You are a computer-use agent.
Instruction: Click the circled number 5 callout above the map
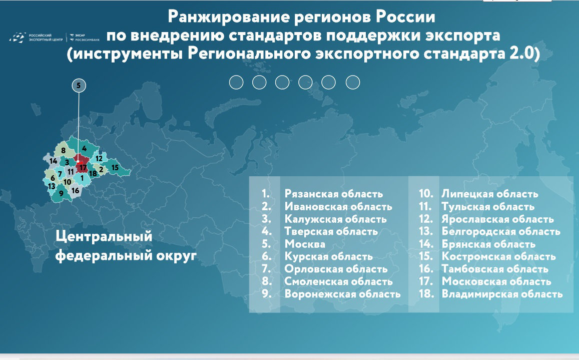tap(79, 86)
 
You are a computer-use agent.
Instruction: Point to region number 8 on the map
tap(63, 150)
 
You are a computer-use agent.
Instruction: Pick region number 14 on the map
tap(53, 161)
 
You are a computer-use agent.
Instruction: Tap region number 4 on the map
tap(84, 149)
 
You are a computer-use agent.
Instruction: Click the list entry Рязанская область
tap(333, 194)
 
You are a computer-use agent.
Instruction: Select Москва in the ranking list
tap(305, 244)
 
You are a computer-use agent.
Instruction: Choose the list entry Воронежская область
tap(342, 294)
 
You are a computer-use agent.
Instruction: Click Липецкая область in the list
tap(489, 194)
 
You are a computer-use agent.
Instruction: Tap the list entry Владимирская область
tap(502, 294)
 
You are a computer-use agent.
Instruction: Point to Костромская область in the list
tap(498, 256)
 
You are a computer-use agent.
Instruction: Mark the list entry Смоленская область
tap(338, 282)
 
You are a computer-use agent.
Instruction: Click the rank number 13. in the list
tap(426, 232)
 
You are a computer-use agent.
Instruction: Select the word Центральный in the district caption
tap(104, 237)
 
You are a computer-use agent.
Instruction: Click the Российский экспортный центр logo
tap(36, 38)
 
